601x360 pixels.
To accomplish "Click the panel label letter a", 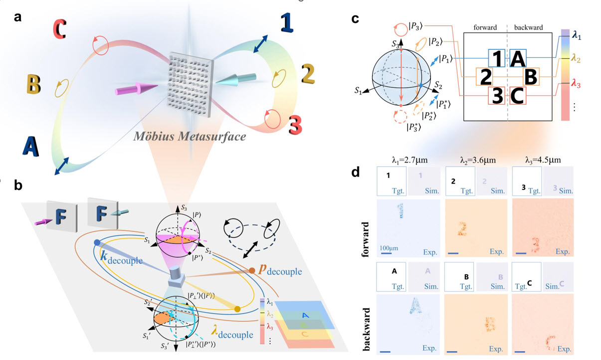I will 18,17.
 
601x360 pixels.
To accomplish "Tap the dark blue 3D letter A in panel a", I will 31,146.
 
